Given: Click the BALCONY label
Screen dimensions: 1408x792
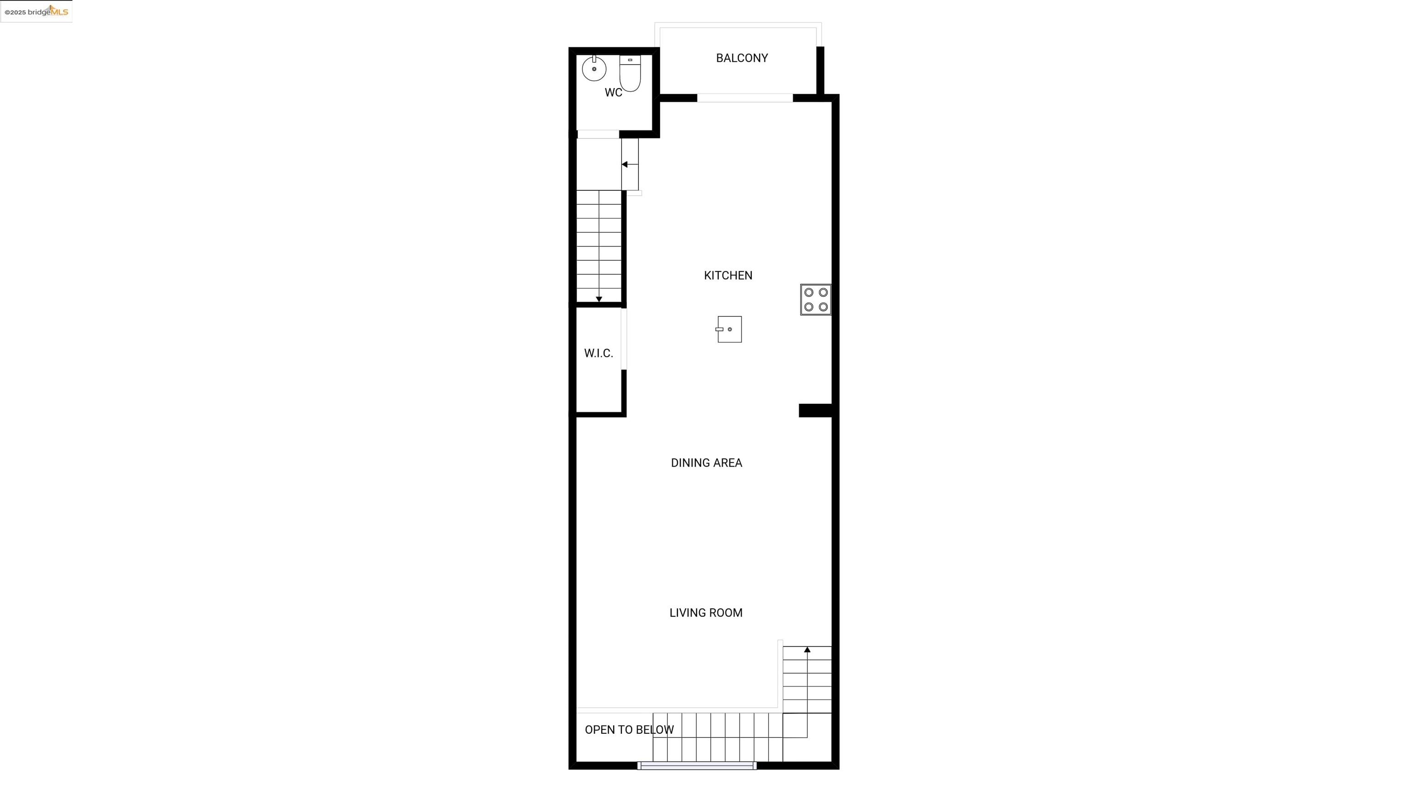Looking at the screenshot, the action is [x=742, y=58].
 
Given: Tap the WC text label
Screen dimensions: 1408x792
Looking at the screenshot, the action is [x=613, y=93].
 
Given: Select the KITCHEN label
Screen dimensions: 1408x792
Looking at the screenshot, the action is [x=728, y=275].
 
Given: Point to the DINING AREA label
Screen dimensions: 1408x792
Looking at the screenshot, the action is [x=706, y=463].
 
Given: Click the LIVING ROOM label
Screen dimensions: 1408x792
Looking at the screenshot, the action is [x=706, y=613].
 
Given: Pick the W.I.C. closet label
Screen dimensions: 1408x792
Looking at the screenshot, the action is [x=599, y=353].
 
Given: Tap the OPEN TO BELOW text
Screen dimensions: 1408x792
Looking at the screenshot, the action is [x=629, y=730].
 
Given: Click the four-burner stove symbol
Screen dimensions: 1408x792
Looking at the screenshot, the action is [x=815, y=300].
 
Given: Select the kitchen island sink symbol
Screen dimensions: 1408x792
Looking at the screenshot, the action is [x=729, y=330].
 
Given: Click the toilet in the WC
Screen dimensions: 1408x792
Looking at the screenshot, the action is [x=630, y=73].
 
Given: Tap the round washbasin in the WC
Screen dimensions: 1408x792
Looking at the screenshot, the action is [x=594, y=69].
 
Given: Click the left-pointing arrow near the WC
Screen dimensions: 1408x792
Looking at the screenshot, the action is [x=630, y=165].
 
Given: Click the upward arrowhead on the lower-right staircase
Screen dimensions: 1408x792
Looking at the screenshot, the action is [x=807, y=649].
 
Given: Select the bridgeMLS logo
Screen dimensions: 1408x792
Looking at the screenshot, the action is [x=36, y=11].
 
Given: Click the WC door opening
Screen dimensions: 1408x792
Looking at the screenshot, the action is [x=598, y=134].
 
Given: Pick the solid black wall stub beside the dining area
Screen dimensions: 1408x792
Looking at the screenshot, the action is [x=815, y=411].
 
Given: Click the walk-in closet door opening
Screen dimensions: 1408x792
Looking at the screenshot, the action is [x=624, y=339].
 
